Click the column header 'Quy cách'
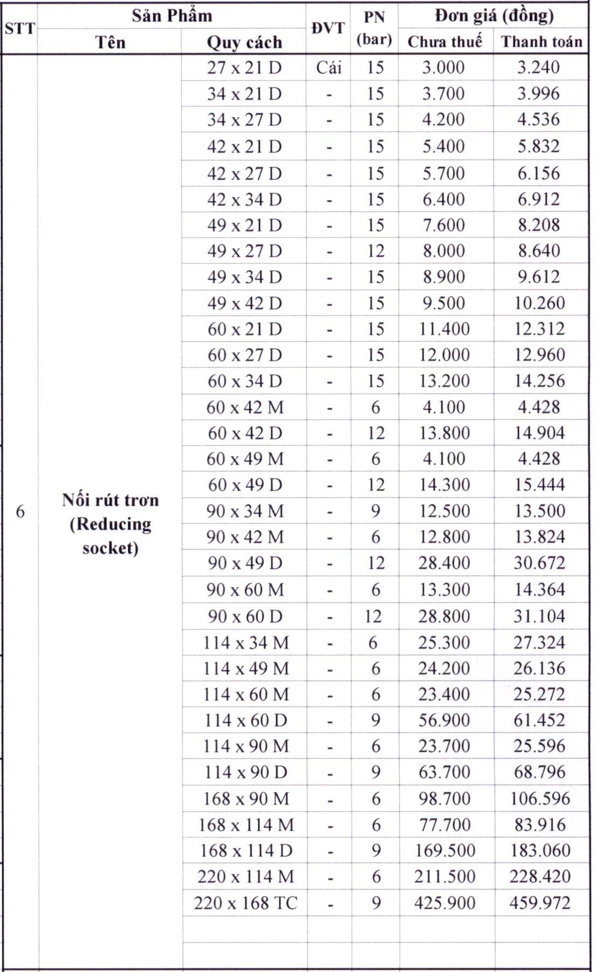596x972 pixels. click(x=245, y=42)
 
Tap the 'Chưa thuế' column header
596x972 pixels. click(x=444, y=42)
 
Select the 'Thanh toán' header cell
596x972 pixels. click(x=541, y=42)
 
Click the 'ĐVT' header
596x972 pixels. click(x=329, y=28)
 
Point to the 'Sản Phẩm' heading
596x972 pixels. click(x=172, y=16)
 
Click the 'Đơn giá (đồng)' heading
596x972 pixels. click(x=494, y=16)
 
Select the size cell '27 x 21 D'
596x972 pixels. click(x=245, y=68)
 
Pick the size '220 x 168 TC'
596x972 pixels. click(x=246, y=903)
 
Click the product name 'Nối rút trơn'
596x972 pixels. click(x=110, y=500)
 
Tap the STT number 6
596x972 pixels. click(x=20, y=512)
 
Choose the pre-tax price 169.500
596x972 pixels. click(x=445, y=850)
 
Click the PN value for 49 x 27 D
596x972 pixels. click(x=375, y=251)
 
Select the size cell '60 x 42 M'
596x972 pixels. click(x=245, y=407)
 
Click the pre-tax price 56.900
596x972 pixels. click(x=444, y=720)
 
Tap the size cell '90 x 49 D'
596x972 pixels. click(x=245, y=563)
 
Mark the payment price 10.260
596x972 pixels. click(x=540, y=303)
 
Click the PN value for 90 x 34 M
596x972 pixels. click(x=375, y=511)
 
